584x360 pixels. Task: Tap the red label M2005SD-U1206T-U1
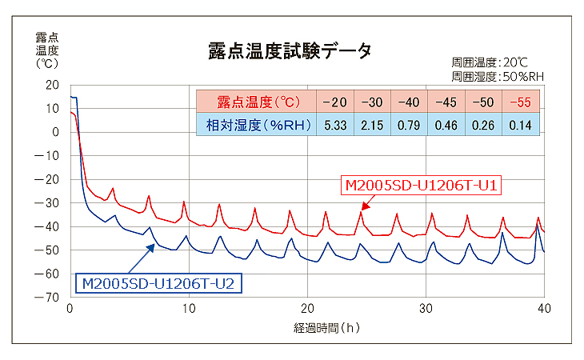click(x=422, y=186)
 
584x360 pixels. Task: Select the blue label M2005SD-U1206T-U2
click(x=159, y=282)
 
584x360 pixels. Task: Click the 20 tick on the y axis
click(x=53, y=85)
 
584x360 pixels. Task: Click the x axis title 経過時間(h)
click(x=307, y=327)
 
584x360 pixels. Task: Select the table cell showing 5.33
click(x=334, y=124)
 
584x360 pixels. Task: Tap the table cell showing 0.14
click(x=520, y=124)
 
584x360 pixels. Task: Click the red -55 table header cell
click(x=520, y=102)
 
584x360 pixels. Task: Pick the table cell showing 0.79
click(x=409, y=124)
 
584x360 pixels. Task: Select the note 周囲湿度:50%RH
click(x=497, y=76)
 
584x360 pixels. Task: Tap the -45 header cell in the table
click(x=446, y=102)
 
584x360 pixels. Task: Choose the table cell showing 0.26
click(x=482, y=124)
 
